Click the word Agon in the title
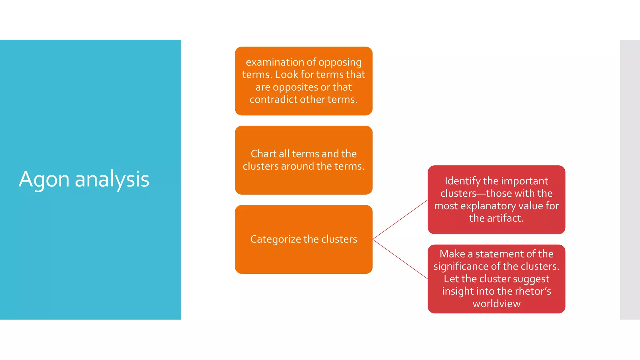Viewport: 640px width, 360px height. [44, 180]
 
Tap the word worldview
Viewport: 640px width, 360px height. [496, 304]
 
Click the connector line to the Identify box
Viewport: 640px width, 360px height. [400, 220]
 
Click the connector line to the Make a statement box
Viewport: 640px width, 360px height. [400, 259]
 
